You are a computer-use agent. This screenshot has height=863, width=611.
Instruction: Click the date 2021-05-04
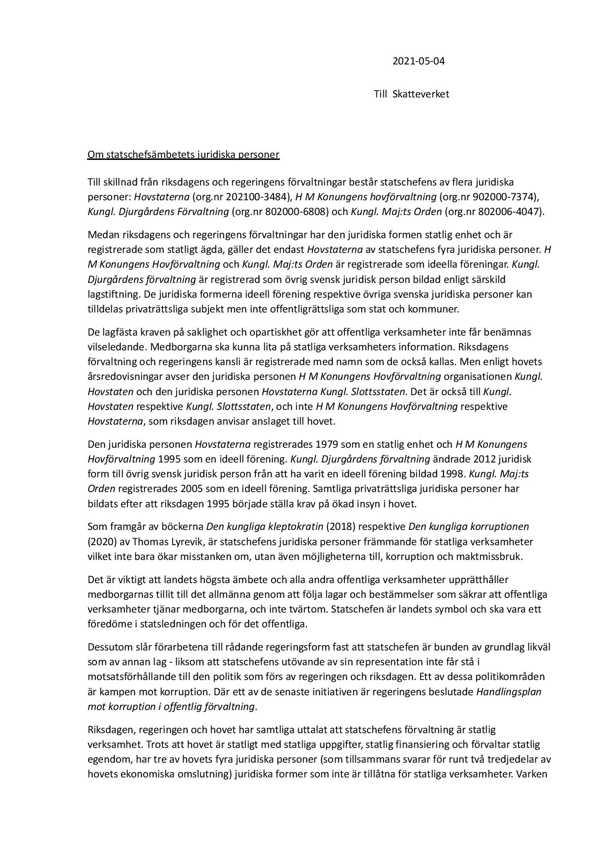pos(415,62)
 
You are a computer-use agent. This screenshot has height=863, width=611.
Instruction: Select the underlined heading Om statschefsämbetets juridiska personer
pos(183,154)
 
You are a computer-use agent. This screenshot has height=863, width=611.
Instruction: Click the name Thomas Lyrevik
pos(164,542)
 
